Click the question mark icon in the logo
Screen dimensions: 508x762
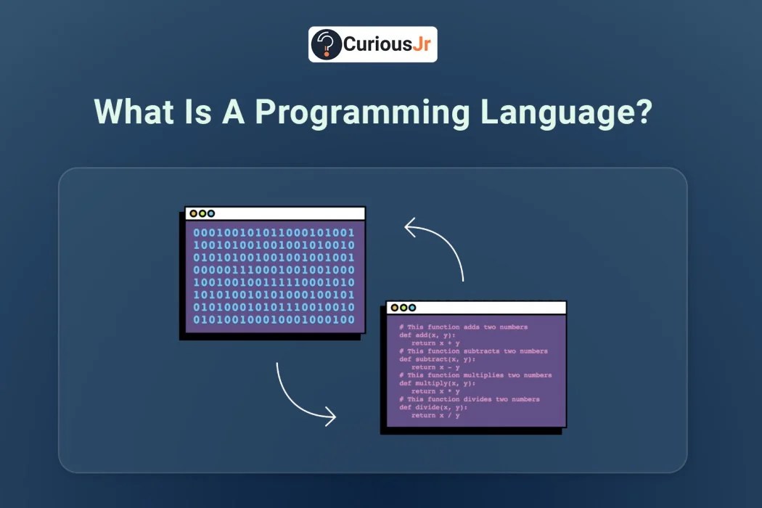(327, 44)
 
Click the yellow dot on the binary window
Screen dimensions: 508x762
(193, 213)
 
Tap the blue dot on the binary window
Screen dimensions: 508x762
(211, 213)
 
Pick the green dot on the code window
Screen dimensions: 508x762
(403, 308)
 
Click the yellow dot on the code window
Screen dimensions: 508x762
(394, 308)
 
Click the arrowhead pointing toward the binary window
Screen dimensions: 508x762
(411, 229)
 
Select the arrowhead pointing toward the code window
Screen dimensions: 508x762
(329, 417)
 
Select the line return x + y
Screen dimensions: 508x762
(435, 343)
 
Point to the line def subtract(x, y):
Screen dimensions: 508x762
(437, 359)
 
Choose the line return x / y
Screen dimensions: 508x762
(435, 415)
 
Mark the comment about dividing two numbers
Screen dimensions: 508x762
(469, 399)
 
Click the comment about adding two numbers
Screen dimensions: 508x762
(463, 327)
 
